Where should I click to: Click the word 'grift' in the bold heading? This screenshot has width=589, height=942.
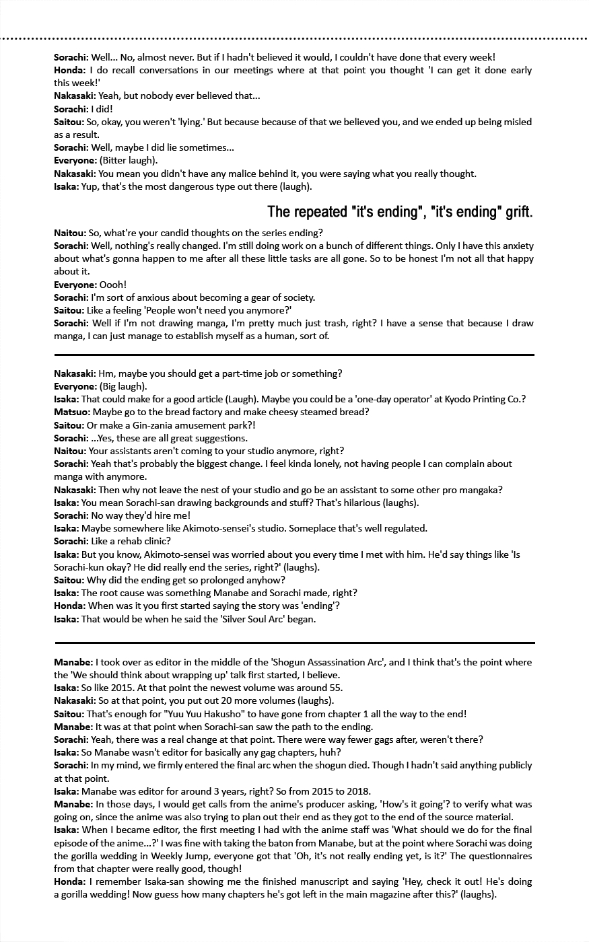click(516, 213)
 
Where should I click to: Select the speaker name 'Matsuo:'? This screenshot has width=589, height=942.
click(71, 412)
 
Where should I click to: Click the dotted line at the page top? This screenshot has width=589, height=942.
click(294, 39)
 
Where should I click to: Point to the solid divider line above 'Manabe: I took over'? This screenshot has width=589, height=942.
click(294, 643)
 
